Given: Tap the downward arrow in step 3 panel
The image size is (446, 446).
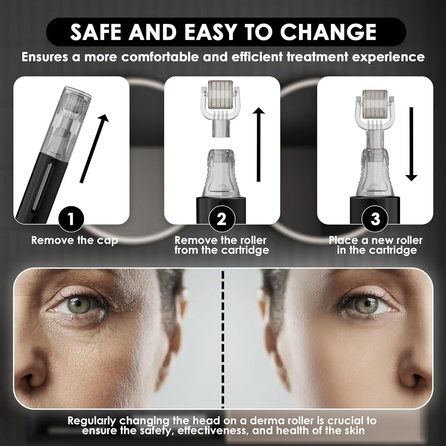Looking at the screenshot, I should pos(412,145).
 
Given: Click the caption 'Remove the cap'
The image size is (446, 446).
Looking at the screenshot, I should pos(74,240).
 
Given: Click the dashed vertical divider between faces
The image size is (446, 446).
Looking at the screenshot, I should pos(223,339).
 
